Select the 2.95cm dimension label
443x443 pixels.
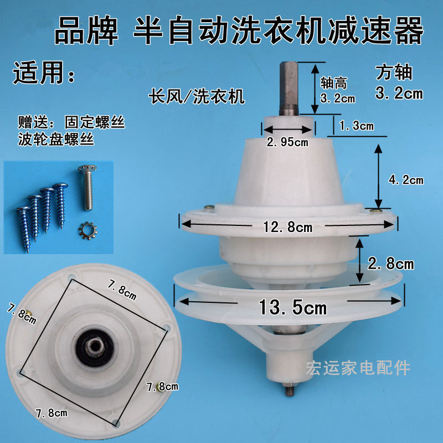[287, 142]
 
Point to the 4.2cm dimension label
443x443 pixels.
[406, 179]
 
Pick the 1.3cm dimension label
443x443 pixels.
[357, 126]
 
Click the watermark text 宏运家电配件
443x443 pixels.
[358, 368]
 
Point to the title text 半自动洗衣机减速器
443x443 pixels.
[278, 32]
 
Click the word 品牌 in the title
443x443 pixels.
[86, 32]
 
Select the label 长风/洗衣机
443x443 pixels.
[196, 97]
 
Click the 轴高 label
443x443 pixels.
[334, 84]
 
